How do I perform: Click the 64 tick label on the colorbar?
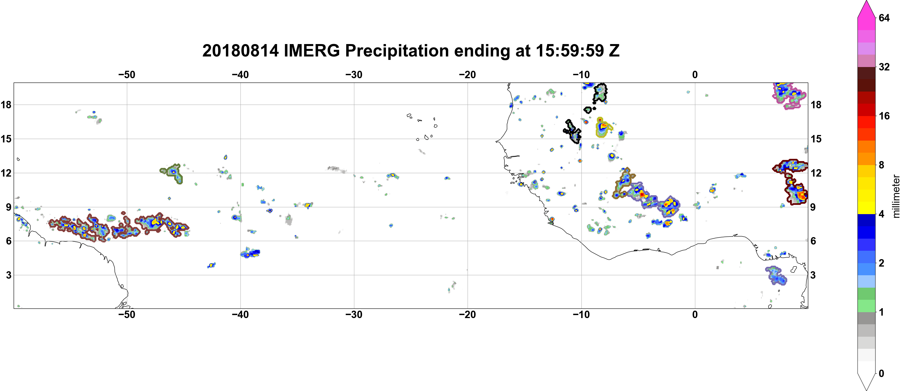pos(884,18)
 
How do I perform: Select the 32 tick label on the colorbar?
pos(884,67)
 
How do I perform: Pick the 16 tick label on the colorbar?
pos(884,116)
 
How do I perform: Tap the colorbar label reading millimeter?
pos(896,196)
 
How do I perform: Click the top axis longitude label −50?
pos(127,74)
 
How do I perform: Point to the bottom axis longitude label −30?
pos(354,315)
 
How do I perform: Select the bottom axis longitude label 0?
pos(695,315)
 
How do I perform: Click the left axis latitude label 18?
pos(6,105)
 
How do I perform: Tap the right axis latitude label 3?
pos(813,275)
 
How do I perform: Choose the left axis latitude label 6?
pos(8,241)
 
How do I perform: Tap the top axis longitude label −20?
pos(468,74)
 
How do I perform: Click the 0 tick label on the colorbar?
pos(881,374)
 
